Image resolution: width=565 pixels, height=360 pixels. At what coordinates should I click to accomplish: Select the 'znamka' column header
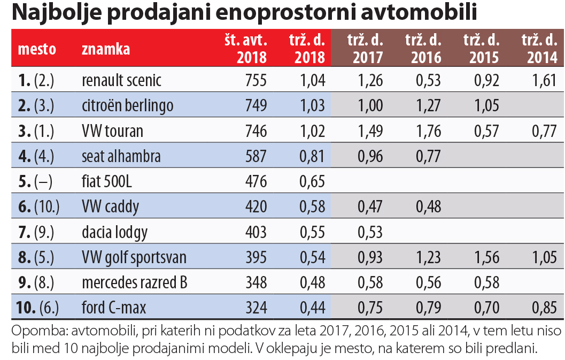(106, 49)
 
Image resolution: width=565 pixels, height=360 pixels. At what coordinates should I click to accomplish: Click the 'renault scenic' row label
(121, 80)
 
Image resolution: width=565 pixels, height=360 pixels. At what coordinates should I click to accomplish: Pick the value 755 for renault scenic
(256, 80)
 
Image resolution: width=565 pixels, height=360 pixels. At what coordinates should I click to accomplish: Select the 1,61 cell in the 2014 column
(545, 80)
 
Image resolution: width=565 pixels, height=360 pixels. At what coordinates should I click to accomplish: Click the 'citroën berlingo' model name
(127, 105)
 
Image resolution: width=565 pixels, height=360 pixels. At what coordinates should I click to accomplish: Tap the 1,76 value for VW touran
(428, 131)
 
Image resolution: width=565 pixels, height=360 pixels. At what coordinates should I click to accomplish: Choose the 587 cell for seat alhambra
(256, 157)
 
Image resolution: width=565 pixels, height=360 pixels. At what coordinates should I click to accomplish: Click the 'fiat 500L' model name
(107, 182)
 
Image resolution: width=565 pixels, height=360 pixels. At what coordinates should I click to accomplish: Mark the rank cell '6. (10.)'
(37, 207)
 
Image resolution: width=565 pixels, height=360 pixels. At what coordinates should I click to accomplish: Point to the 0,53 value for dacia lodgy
(370, 233)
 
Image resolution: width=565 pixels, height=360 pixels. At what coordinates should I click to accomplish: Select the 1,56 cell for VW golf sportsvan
(486, 258)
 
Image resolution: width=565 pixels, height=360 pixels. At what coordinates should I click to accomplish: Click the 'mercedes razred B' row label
(134, 283)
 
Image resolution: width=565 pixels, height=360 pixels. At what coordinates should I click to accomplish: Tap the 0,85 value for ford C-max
(545, 308)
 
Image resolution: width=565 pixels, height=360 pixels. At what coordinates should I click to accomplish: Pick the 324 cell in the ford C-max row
(256, 308)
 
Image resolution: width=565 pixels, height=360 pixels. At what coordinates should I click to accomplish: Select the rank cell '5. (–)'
(35, 182)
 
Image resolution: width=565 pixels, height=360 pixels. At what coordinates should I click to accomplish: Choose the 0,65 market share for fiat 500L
(312, 182)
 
